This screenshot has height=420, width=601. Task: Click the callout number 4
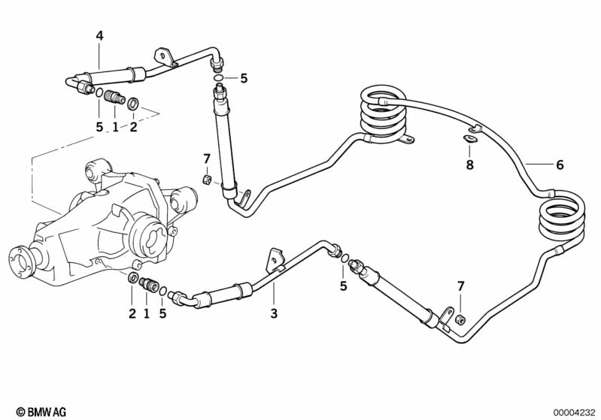pos(99,35)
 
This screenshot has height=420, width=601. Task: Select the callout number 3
pos(274,313)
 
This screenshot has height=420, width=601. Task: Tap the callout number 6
pos(559,165)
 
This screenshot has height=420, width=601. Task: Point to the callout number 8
pos(470,165)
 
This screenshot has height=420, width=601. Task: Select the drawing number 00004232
pos(574,412)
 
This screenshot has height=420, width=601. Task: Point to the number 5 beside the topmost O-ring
pos(244,77)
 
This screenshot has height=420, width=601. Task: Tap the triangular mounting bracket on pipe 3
pos(272,257)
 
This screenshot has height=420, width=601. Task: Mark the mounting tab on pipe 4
pos(162,56)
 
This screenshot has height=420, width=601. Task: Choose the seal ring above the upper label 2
pos(133,103)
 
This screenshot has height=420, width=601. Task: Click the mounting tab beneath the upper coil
pos(406,140)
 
